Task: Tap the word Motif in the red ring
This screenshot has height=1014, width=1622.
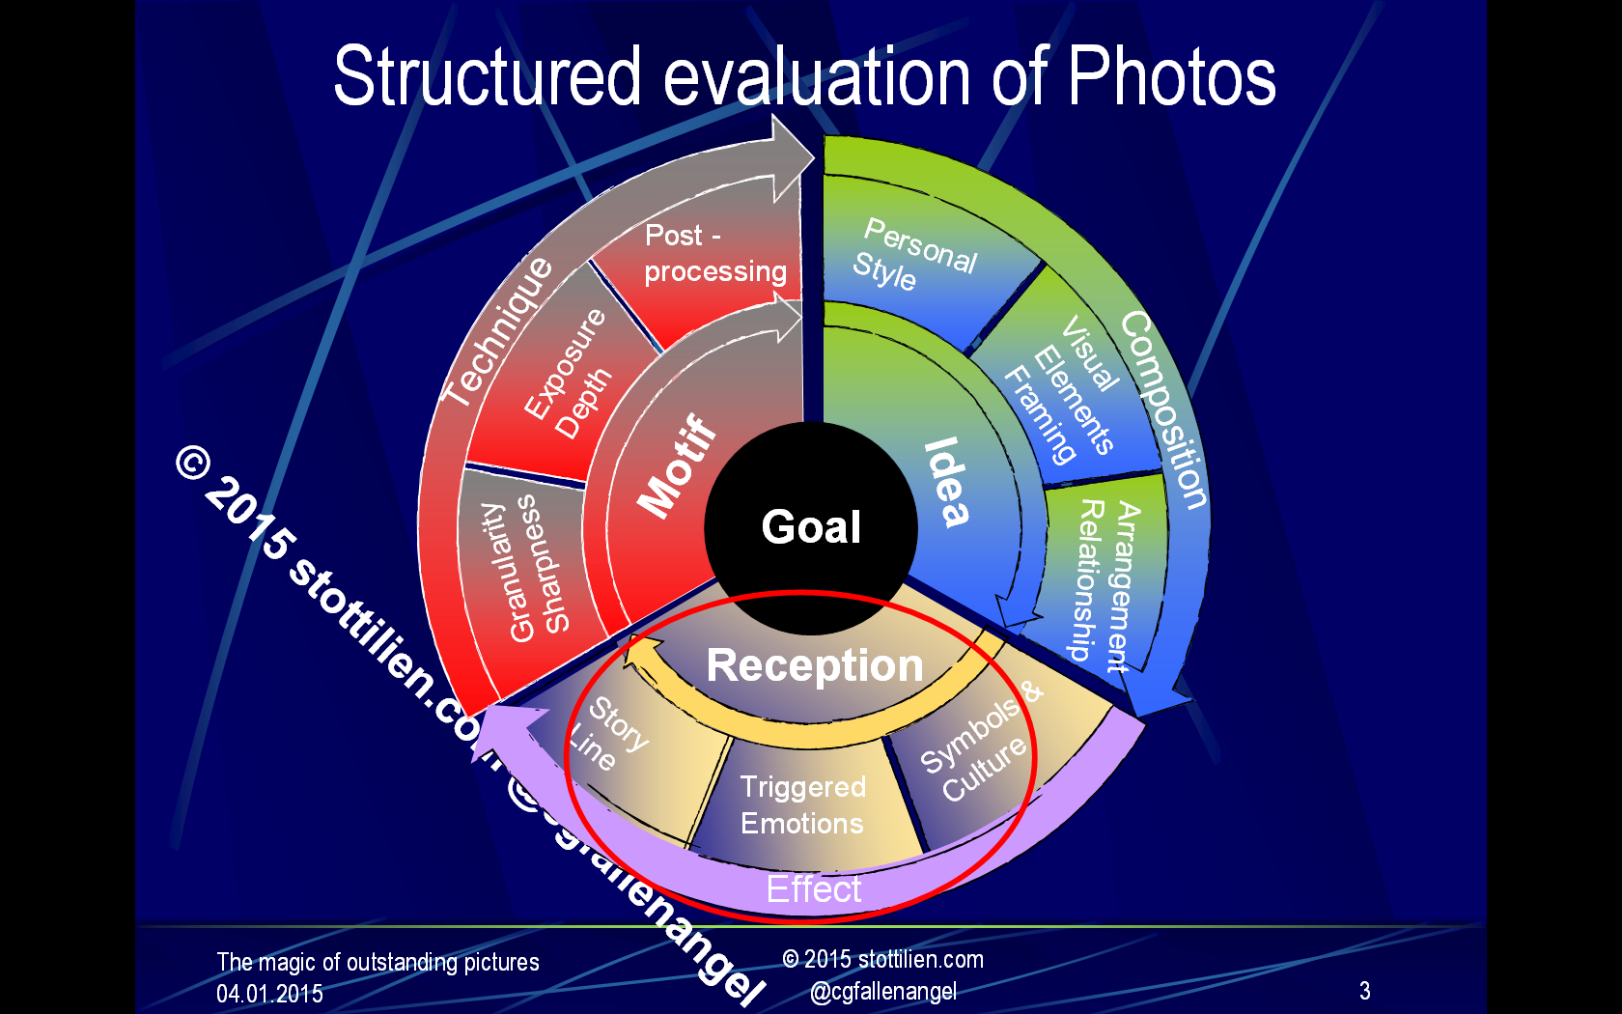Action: (677, 465)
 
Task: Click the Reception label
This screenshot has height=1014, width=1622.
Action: (815, 664)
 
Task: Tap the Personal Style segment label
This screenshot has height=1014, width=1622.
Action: (914, 253)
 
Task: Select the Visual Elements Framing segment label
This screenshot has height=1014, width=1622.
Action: (1062, 388)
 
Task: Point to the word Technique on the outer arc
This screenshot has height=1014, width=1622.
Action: (497, 332)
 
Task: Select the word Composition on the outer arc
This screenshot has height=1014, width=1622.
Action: (1163, 409)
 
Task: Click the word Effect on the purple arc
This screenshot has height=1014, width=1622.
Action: (814, 888)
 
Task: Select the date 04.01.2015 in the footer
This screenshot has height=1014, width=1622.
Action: (269, 994)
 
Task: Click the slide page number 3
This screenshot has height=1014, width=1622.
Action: (1365, 990)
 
